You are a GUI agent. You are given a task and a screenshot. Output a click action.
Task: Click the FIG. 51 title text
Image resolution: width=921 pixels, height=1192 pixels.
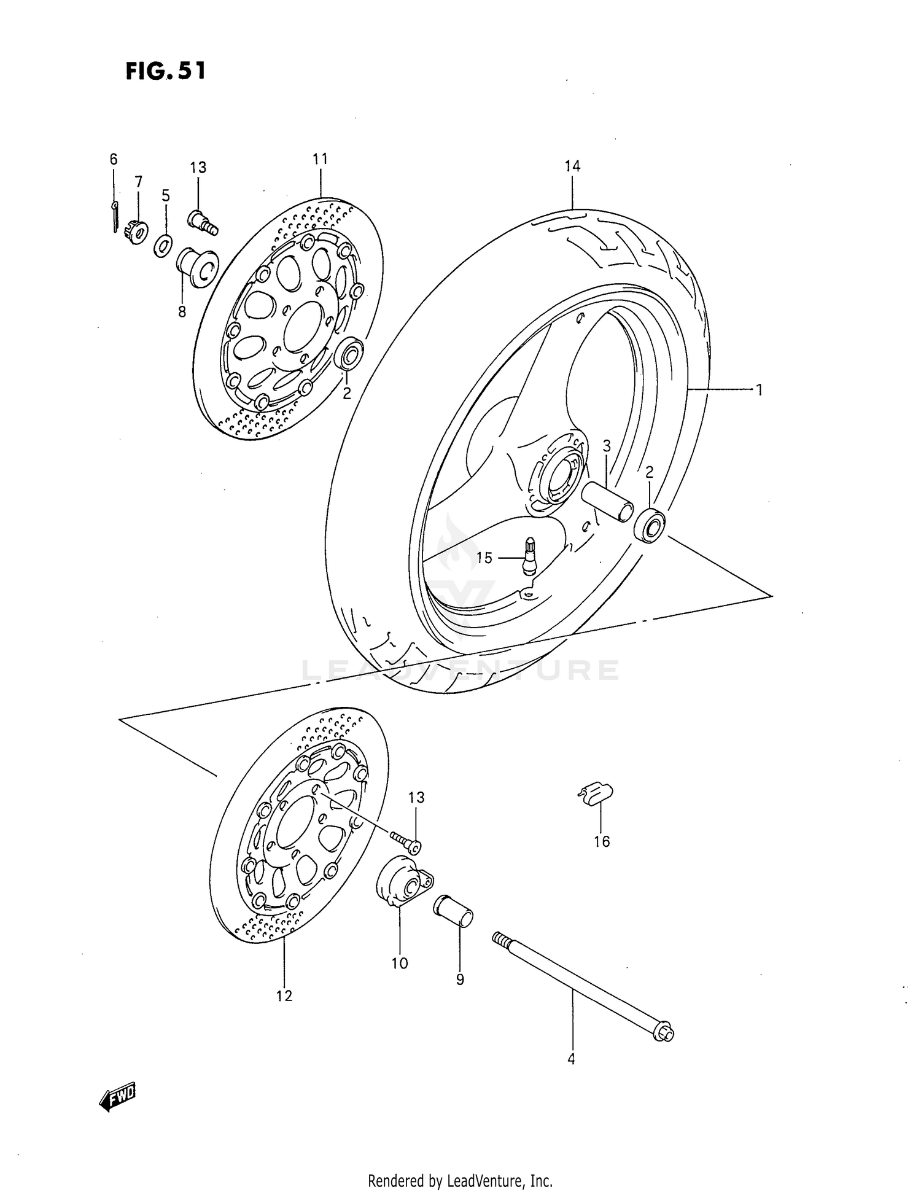165,71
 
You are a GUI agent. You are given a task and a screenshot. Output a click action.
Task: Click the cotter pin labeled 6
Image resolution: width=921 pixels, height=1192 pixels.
115,217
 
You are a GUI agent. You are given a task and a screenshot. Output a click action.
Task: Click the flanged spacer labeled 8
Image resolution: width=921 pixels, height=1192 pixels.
197,267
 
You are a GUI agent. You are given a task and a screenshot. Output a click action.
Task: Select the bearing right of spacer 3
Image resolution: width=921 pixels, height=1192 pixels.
650,525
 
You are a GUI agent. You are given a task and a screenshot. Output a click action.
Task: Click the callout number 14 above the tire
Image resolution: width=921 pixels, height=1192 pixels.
572,166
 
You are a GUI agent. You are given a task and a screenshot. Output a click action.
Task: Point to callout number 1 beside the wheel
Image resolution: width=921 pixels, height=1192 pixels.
759,389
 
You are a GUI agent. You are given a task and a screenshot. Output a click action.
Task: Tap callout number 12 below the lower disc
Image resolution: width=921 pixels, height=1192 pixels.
284,995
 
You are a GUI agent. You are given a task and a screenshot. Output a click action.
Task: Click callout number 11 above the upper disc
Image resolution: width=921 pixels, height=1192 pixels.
320,159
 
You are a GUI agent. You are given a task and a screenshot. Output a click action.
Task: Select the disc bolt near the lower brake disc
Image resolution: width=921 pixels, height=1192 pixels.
405,842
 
